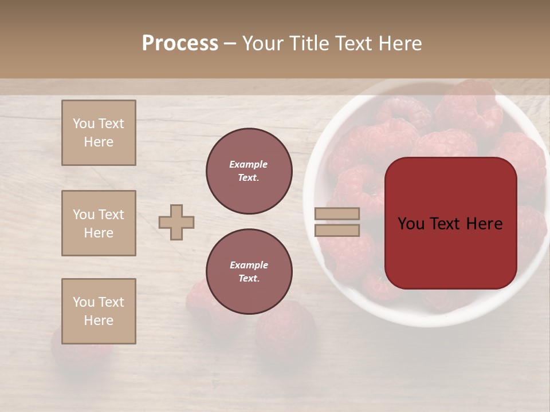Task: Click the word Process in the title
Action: pyautogui.click(x=180, y=43)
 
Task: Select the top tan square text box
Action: pyautogui.click(x=99, y=133)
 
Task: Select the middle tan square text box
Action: pyautogui.click(x=99, y=223)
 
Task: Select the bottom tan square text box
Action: pyautogui.click(x=99, y=311)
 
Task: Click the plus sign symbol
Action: pyautogui.click(x=176, y=222)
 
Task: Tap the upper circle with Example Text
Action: pyautogui.click(x=249, y=171)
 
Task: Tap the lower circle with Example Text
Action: pyautogui.click(x=249, y=271)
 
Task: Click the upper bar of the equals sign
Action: pyautogui.click(x=337, y=214)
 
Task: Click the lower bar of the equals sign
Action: pyautogui.click(x=337, y=231)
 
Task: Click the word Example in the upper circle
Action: pyautogui.click(x=248, y=164)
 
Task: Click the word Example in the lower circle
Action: pyautogui.click(x=249, y=265)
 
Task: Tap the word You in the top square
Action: pyautogui.click(x=83, y=124)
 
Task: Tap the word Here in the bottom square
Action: pyautogui.click(x=99, y=320)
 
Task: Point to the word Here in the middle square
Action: pyautogui.click(x=99, y=233)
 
